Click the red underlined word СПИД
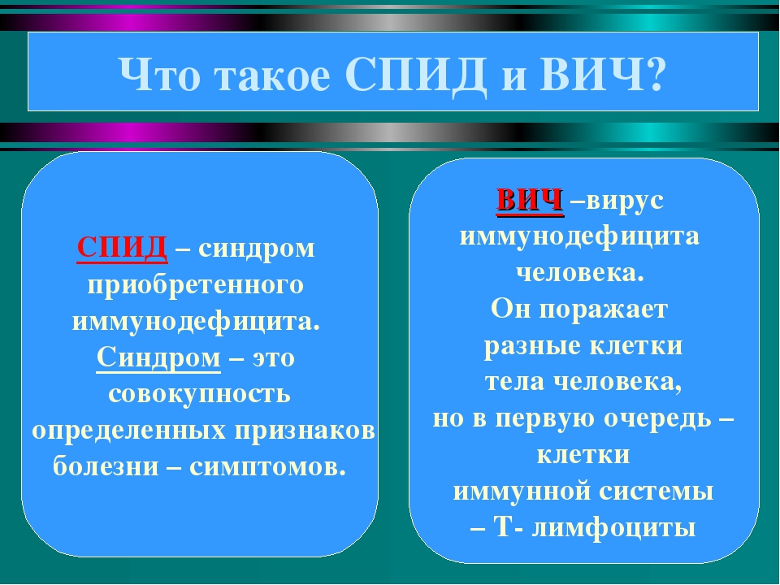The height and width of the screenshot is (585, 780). (123, 247)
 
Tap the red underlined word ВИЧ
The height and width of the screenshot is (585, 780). (530, 201)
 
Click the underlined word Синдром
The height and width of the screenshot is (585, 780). (158, 357)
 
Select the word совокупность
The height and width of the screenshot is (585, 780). (199, 394)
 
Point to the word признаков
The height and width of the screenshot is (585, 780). (305, 431)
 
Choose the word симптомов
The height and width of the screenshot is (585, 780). (267, 467)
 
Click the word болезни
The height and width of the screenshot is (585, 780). (106, 466)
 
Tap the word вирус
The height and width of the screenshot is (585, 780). (625, 201)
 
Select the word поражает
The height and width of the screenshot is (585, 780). (604, 310)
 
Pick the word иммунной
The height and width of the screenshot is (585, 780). (522, 492)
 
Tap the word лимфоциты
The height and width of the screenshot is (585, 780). (613, 528)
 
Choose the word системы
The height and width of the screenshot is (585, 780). (656, 492)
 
